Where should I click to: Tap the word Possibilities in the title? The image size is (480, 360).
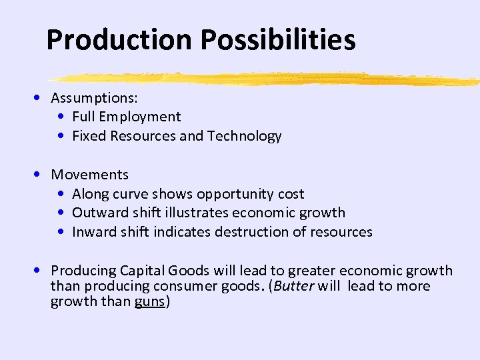(278, 40)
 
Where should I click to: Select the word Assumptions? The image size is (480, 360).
(94, 98)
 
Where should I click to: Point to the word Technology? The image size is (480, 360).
(244, 136)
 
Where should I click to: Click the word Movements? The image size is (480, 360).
(89, 175)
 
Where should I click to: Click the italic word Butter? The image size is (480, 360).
(294, 286)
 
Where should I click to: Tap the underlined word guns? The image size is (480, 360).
(149, 302)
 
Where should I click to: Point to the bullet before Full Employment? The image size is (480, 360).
(61, 117)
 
